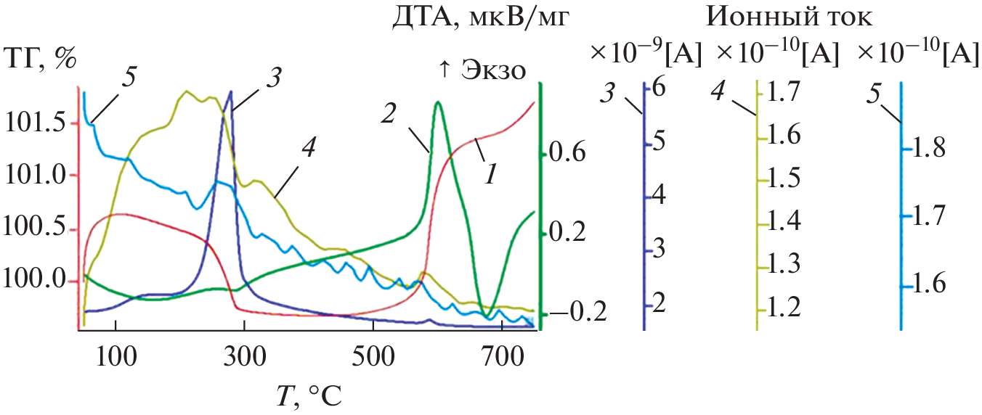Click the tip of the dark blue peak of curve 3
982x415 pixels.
pyautogui.click(x=231, y=91)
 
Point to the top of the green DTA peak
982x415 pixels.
pyautogui.click(x=437, y=102)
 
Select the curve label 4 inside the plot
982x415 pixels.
pyautogui.click(x=308, y=149)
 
